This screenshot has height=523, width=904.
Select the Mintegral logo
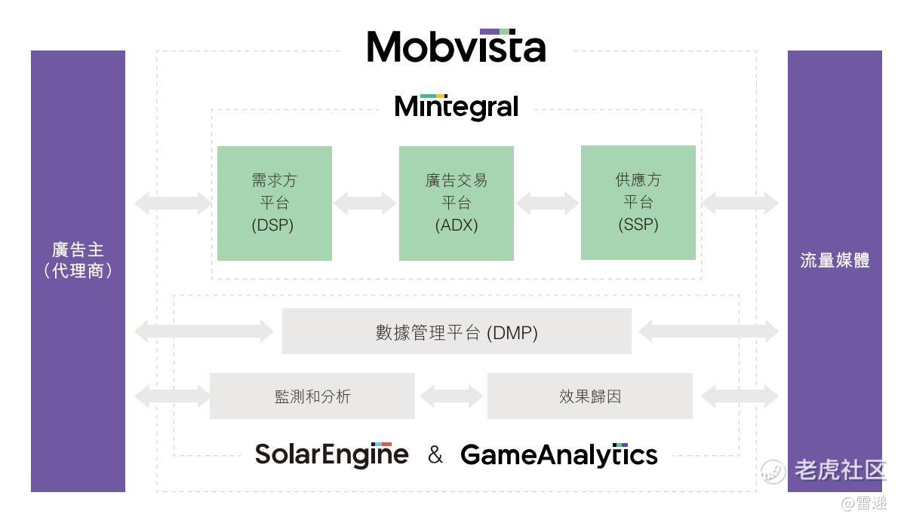(457, 106)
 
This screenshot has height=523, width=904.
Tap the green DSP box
(274, 203)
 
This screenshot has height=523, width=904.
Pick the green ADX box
(456, 203)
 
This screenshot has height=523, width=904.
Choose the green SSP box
(638, 202)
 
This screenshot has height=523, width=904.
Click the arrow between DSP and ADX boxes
(365, 203)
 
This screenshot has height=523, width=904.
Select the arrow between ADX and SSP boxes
(547, 203)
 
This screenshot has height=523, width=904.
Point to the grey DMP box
(456, 332)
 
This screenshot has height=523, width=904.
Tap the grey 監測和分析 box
(312, 396)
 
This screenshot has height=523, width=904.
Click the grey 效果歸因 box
(589, 396)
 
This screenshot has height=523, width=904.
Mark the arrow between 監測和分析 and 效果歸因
(451, 396)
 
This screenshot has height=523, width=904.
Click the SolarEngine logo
(331, 454)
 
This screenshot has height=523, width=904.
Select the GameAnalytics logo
(558, 454)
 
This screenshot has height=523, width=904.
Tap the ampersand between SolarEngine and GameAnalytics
(435, 454)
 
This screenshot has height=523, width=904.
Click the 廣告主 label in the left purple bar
(78, 250)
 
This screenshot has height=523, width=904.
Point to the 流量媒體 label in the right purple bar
(835, 261)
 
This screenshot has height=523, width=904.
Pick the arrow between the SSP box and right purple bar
(740, 203)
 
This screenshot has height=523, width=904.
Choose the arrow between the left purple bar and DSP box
(173, 203)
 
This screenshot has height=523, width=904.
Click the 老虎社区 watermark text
(839, 470)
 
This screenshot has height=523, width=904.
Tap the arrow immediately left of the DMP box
(204, 332)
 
